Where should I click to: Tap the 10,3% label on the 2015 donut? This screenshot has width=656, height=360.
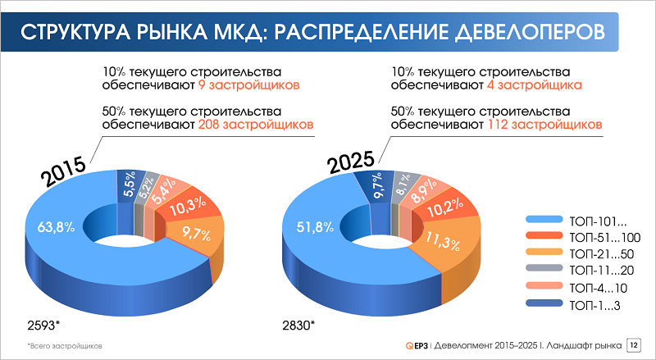point(188,209)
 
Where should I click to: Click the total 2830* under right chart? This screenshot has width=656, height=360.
point(298,324)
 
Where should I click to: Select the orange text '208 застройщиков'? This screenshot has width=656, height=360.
point(256,125)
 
